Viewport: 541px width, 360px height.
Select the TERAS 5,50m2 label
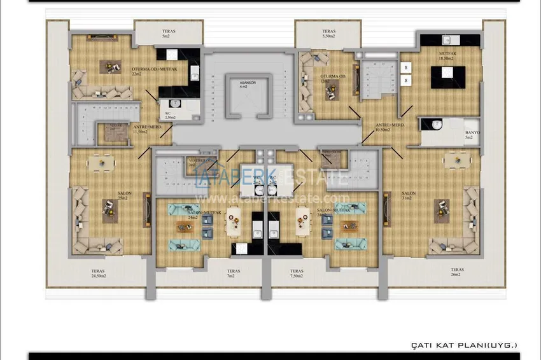click(328, 34)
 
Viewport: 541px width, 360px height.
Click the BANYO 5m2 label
click(472, 135)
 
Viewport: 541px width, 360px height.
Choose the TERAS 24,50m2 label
click(97, 273)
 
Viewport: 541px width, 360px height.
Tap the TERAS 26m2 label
click(456, 272)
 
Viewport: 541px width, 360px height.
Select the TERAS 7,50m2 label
click(297, 273)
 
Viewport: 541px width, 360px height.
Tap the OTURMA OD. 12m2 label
click(333, 79)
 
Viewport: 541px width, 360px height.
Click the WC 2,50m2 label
click(170, 115)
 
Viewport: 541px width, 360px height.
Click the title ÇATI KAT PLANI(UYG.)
click(464, 345)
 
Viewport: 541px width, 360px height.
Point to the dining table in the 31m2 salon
click(453, 163)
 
